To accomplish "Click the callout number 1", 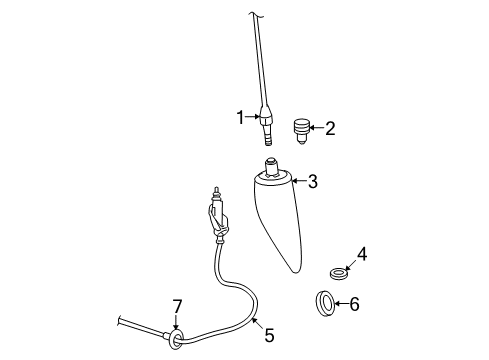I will pyautogui.click(x=240, y=118).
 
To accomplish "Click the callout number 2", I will pyautogui.click(x=330, y=127).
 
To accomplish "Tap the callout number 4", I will pyautogui.click(x=362, y=255).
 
